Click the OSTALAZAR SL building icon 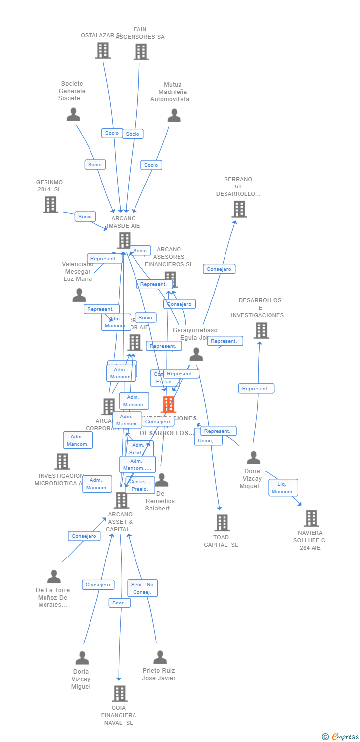tap(103, 50)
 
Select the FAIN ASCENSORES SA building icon tap(141, 51)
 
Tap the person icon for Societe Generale tap(73, 115)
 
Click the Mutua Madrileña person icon tap(174, 116)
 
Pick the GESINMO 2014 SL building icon tap(50, 205)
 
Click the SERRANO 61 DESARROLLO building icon tap(239, 209)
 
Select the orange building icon tap(168, 404)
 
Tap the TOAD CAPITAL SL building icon tap(222, 522)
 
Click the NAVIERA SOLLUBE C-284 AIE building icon tap(311, 518)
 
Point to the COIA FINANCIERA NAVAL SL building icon tap(119, 694)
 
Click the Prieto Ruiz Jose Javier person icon tap(160, 657)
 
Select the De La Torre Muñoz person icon tap(54, 577)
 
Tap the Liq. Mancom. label tap(283, 488)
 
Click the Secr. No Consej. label tap(142, 588)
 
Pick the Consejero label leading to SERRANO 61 tap(219, 269)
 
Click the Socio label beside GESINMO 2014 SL tap(85, 216)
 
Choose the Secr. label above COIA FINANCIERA tap(119, 603)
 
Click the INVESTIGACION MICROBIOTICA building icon tap(62, 462)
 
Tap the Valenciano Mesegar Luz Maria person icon tap(79, 295)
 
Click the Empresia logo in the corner tap(341, 737)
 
